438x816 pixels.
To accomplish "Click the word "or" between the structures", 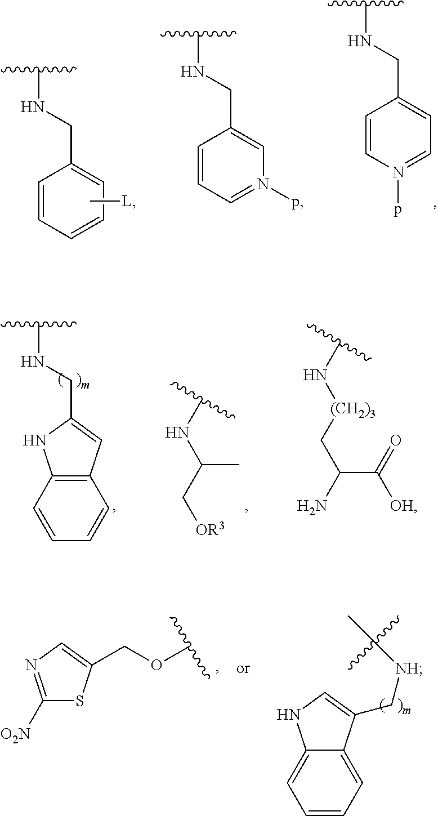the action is coord(243,670).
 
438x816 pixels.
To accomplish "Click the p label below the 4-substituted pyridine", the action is coord(397,212).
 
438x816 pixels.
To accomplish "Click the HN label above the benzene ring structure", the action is coord(32,108).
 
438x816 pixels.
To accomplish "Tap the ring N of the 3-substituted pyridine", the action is coord(263,182).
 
